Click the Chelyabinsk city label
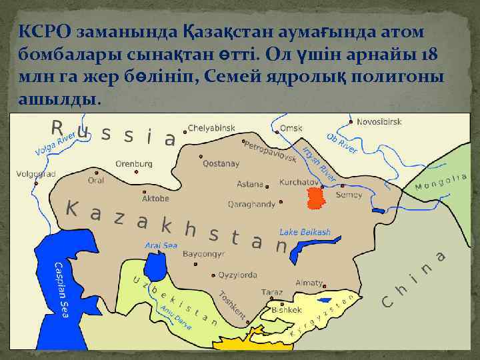coord(211,127)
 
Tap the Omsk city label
coord(291,127)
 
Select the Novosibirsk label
coord(379,122)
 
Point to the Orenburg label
coord(134,163)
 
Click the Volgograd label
coord(37,175)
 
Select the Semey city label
coord(349,195)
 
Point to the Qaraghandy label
coord(252,204)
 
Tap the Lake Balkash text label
coord(305,232)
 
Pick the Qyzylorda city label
coord(237,275)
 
